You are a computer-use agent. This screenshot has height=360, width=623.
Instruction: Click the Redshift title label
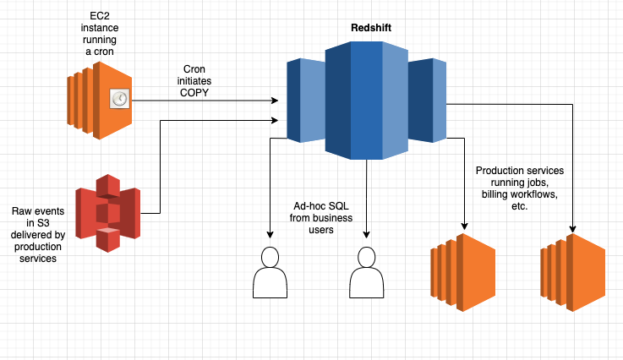click(370, 28)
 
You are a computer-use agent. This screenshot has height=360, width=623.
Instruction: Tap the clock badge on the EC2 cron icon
click(119, 101)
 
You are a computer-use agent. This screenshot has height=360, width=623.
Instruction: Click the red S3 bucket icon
click(107, 213)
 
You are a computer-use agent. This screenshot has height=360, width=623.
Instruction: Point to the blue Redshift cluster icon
click(366, 100)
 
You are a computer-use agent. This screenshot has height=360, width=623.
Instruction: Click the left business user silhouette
click(271, 272)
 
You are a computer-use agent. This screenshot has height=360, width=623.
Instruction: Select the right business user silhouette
click(366, 272)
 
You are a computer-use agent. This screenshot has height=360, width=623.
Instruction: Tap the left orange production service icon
click(462, 272)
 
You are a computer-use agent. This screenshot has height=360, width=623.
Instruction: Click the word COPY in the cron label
click(200, 92)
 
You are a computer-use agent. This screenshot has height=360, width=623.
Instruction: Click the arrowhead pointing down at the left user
click(271, 236)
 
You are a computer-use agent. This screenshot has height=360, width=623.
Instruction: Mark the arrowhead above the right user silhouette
click(366, 236)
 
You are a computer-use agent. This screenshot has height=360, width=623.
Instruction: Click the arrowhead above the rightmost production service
click(573, 229)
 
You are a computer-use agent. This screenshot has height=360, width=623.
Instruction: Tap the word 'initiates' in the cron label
click(200, 80)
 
